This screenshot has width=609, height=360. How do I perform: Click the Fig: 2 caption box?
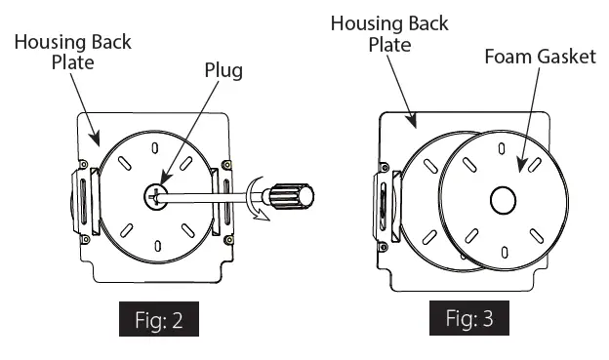click(159, 319)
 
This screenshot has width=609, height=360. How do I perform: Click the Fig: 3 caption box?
click(469, 318)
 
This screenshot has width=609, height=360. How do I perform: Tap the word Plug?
click(223, 70)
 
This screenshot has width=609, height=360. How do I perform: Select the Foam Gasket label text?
click(541, 57)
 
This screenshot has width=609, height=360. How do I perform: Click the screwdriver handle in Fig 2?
click(291, 196)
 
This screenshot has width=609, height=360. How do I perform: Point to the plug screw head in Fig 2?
click(156, 196)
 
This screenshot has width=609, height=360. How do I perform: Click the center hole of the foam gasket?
click(503, 200)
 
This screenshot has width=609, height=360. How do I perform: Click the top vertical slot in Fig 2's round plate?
click(155, 148)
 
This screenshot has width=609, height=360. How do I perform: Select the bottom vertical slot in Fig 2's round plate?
click(158, 246)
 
